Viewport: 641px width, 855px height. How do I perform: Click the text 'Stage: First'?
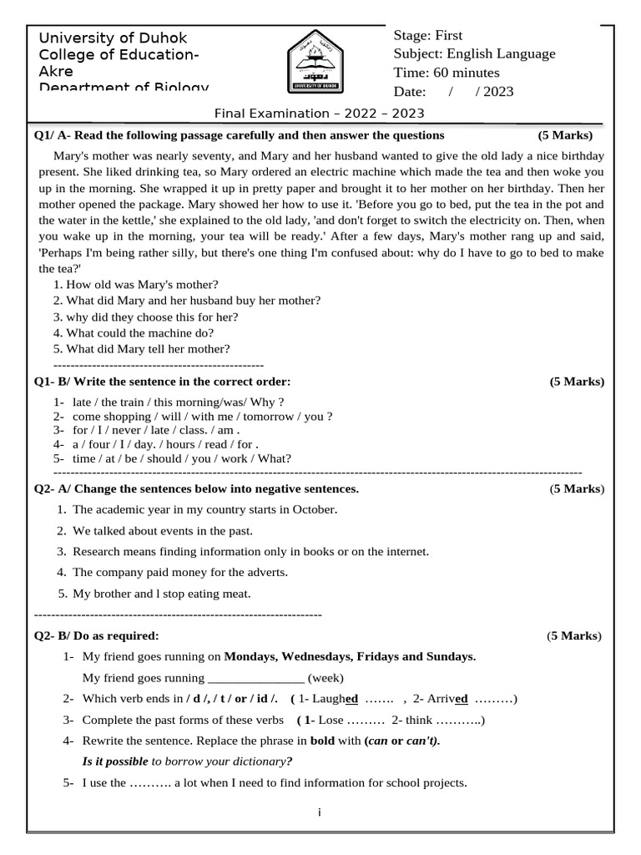pos(427,35)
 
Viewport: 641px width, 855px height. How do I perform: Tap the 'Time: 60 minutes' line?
pos(447,73)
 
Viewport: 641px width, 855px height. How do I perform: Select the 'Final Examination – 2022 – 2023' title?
pos(320,113)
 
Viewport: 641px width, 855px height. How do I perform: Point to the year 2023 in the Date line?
pos(498,92)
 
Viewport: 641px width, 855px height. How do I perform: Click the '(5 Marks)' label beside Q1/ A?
pos(565,135)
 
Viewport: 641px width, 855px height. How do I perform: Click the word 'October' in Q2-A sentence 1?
pos(315,509)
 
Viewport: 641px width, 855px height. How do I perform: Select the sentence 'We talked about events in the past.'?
pos(162,530)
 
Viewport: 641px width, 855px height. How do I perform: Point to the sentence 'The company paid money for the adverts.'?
pos(179,572)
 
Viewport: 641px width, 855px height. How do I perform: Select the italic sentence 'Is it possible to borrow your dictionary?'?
pos(187,761)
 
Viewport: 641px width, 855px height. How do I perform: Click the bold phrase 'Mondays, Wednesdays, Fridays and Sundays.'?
pos(350,656)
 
